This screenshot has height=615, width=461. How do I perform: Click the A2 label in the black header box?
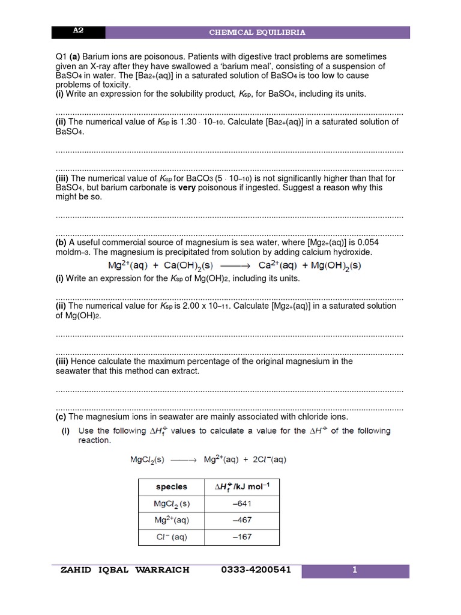[x=77, y=31]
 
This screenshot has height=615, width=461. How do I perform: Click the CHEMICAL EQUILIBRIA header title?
[x=257, y=32]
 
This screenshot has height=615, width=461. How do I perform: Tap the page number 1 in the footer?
[x=355, y=571]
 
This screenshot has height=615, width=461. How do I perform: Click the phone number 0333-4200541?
[x=256, y=569]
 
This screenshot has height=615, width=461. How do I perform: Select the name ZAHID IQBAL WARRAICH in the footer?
[x=125, y=569]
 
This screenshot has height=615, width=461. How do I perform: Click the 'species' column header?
[x=172, y=486]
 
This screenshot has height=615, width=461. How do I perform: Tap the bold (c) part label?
[x=61, y=417]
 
